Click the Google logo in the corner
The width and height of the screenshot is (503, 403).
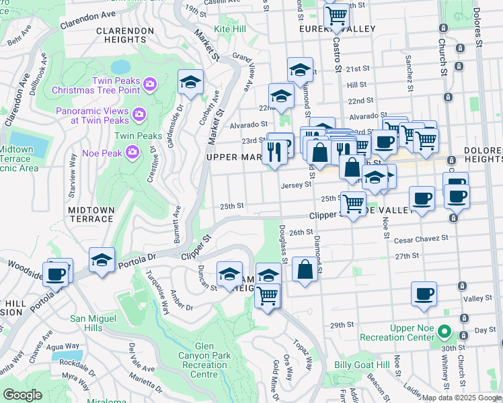tap(23, 395)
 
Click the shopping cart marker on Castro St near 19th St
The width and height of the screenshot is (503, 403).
tap(336, 15)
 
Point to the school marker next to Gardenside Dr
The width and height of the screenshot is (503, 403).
tap(190, 83)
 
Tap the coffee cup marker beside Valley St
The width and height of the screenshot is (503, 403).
tap(424, 294)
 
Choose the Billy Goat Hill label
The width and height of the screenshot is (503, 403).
tap(362, 365)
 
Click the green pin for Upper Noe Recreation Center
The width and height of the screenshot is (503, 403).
tap(443, 332)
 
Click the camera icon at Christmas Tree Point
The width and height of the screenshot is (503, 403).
tap(149, 84)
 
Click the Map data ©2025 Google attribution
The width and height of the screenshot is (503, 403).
tap(461, 398)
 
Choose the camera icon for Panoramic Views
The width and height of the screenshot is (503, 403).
tap(140, 114)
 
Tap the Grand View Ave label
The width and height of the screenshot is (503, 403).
tap(242, 71)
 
